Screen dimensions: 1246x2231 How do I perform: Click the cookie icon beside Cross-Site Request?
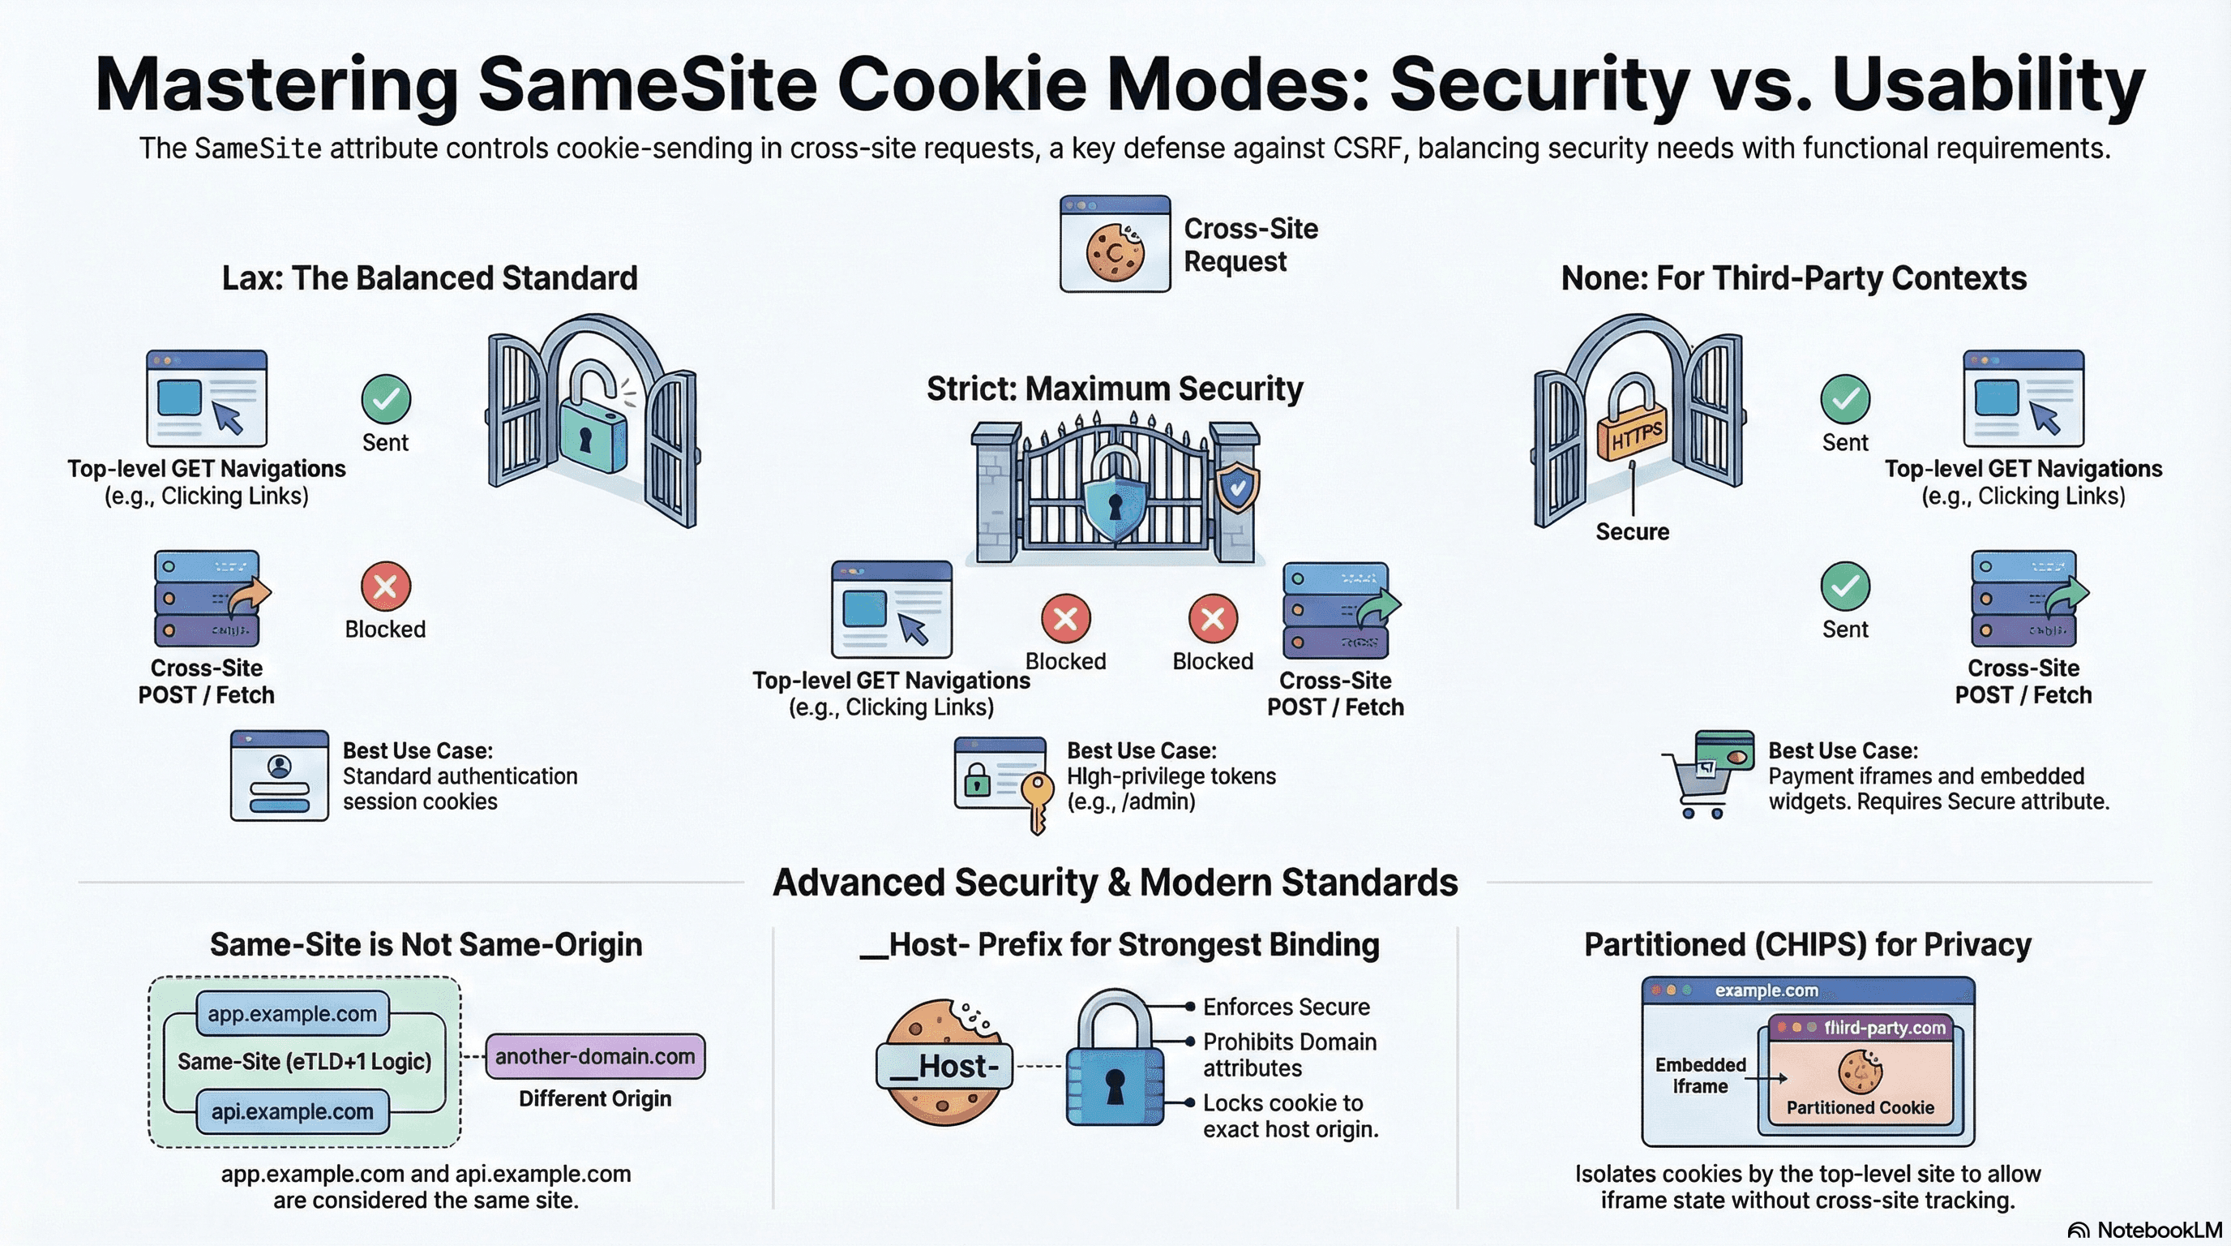coord(1115,252)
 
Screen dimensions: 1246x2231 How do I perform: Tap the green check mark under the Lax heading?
coord(385,398)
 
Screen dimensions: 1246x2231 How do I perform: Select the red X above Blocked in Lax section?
coord(385,586)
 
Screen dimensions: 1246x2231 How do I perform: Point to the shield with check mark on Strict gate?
coord(1238,488)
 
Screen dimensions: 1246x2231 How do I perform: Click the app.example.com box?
coord(293,1014)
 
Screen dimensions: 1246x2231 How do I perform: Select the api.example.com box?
coord(293,1111)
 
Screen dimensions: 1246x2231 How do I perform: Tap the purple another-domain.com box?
coord(595,1056)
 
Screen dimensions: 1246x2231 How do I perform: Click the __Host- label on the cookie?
coord(944,1066)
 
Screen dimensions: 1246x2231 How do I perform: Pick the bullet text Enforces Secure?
coord(1286,1007)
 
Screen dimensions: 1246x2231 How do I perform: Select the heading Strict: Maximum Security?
coord(1115,389)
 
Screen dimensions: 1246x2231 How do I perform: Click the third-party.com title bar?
coord(1860,1028)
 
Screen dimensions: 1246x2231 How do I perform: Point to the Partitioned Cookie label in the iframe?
coord(1860,1107)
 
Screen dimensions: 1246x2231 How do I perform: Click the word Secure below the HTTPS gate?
coord(1633,532)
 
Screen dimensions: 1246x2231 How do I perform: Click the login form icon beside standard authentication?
coord(279,776)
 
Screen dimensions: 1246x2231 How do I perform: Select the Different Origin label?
coord(595,1098)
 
